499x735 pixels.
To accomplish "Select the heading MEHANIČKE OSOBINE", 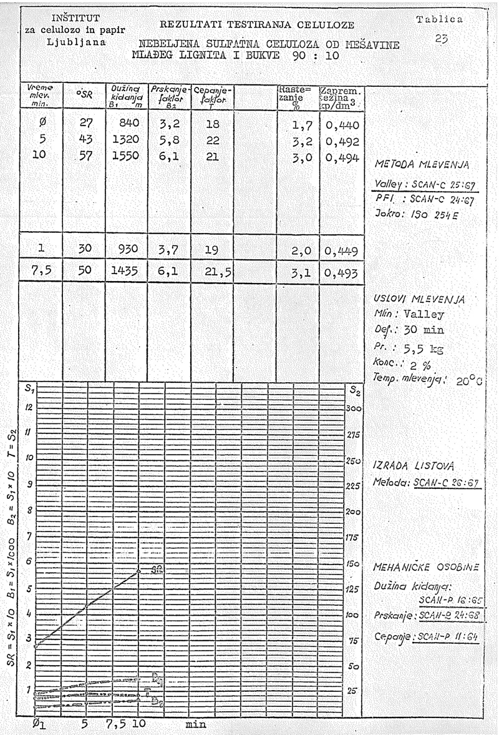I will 425,568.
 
